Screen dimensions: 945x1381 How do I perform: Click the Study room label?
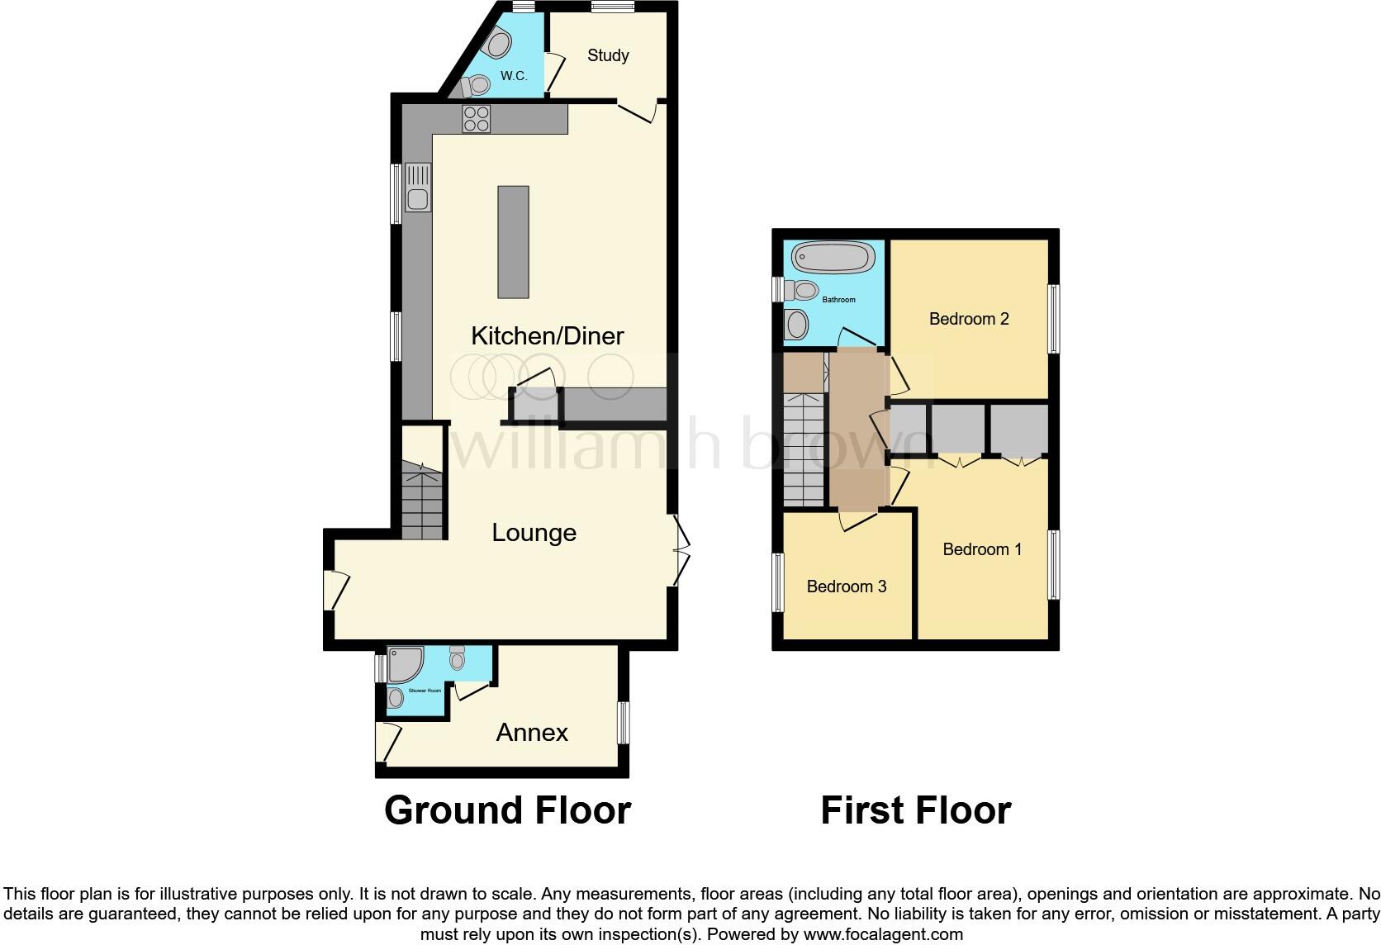[608, 55]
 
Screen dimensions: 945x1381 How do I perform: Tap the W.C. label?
[514, 76]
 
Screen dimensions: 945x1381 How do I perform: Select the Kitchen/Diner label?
[547, 335]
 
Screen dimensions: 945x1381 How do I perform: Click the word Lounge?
[534, 533]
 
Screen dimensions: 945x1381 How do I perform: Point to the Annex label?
[532, 733]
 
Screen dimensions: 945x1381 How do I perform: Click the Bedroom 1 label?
[982, 549]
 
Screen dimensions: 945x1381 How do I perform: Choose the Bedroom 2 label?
[969, 319]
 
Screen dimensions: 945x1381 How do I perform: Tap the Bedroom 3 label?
[847, 586]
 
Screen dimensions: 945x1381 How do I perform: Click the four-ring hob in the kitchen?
[477, 119]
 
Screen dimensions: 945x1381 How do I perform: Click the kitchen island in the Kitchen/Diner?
[513, 241]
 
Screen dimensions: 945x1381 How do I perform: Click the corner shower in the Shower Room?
[406, 664]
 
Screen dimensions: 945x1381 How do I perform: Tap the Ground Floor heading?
[507, 810]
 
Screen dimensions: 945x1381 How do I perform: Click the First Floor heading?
[915, 810]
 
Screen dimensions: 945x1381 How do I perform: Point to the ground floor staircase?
[422, 499]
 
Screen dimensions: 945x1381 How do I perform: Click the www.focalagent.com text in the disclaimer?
[883, 934]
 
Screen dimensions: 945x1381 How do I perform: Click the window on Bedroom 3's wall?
[777, 582]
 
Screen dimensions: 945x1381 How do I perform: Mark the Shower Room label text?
[425, 690]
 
